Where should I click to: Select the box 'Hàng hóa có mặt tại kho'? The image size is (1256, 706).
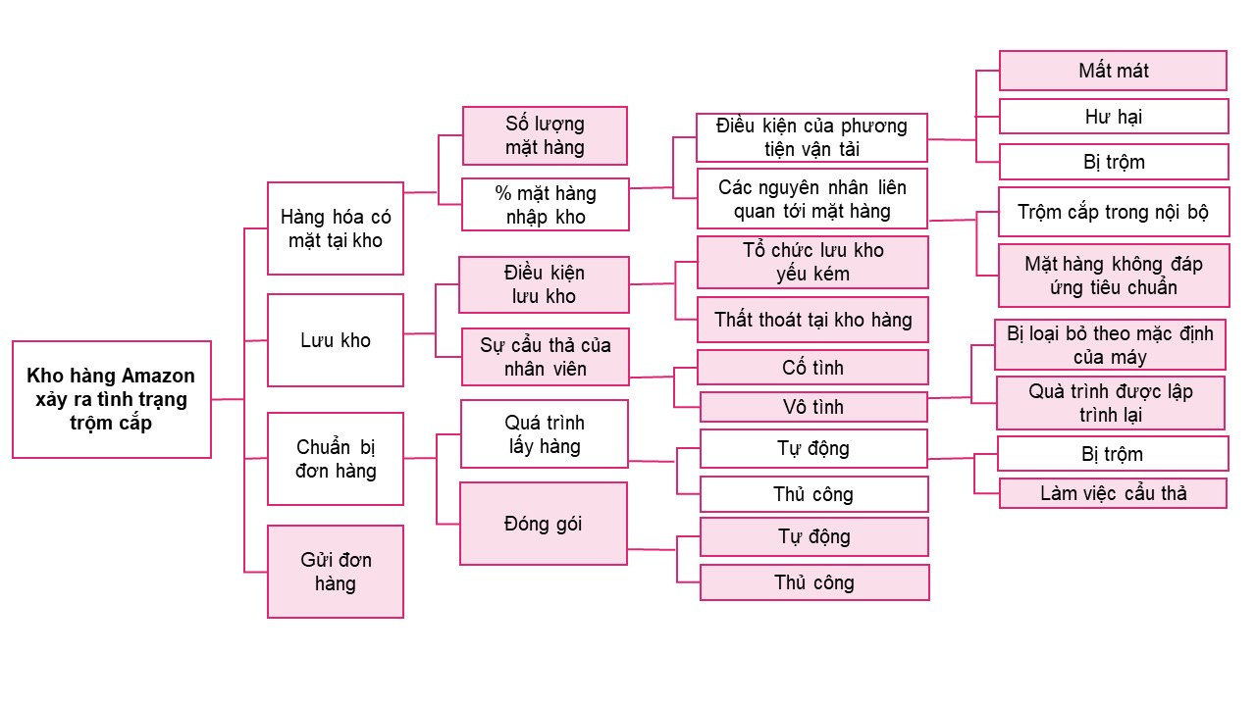point(335,227)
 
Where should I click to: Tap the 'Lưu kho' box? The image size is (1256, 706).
point(335,340)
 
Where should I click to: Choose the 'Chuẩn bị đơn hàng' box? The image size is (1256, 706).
point(335,459)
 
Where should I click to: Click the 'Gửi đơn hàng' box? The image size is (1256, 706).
point(335,572)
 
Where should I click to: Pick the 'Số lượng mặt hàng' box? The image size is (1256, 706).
point(545,135)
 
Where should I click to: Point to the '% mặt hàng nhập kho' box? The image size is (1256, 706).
point(545,204)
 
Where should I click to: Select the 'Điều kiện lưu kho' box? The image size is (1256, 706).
point(545,284)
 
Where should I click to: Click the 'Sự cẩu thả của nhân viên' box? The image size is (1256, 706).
point(545,357)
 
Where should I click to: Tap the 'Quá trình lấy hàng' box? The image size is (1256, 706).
point(544,433)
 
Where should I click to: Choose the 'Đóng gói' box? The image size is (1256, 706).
point(544,523)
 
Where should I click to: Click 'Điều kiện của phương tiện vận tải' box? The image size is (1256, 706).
point(811,137)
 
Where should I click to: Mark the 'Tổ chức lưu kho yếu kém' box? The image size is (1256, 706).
point(812,262)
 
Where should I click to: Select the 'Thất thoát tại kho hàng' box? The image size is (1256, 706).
point(812,319)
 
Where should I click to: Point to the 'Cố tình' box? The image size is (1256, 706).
point(812,368)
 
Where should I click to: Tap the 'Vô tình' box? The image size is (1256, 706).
point(812,407)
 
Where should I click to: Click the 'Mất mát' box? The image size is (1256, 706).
point(1113,71)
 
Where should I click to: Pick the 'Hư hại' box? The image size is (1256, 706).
point(1113,116)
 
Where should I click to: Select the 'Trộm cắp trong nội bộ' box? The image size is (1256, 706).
point(1113,212)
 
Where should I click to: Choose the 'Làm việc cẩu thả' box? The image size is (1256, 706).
point(1113,492)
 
